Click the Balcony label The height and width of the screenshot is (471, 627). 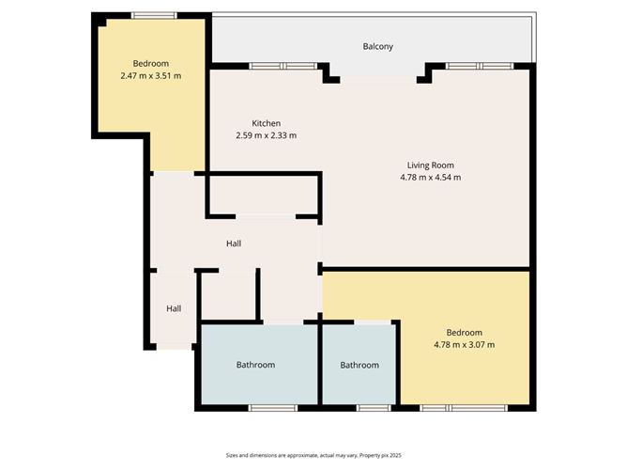[x=377, y=46]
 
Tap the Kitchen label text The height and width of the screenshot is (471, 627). [x=266, y=123]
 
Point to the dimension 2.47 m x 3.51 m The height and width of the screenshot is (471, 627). [x=150, y=75]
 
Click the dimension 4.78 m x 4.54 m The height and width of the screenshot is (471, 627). [x=432, y=177]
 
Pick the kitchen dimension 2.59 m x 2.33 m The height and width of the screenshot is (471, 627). [x=266, y=135]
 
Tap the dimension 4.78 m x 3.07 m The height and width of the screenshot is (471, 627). [x=464, y=345]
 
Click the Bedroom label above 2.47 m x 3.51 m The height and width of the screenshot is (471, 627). [x=150, y=63]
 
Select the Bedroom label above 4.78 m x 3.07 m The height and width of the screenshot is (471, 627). [x=464, y=333]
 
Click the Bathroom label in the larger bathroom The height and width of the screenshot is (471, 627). [x=255, y=365]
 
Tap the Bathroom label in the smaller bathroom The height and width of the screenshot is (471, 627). [x=359, y=365]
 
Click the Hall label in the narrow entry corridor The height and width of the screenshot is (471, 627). [x=174, y=308]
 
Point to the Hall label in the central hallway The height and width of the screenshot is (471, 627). [x=234, y=243]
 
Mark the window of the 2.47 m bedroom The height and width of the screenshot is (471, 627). [x=153, y=15]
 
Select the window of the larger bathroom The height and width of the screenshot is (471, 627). [x=272, y=408]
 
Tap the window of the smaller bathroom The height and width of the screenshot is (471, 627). [x=373, y=408]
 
